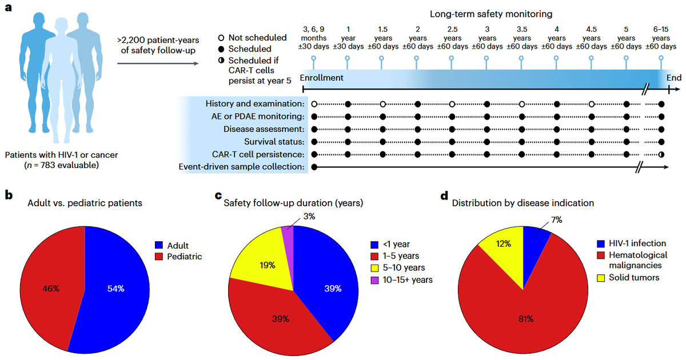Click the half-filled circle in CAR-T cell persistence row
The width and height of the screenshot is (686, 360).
point(661,154)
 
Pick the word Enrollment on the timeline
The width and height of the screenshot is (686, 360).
point(321,78)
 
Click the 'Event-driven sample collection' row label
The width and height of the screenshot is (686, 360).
point(250,167)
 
